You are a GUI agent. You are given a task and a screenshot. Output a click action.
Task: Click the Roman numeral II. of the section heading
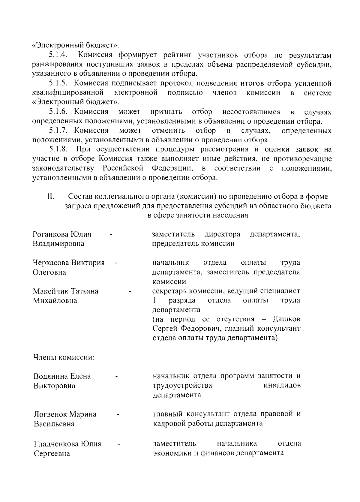[x=50, y=197]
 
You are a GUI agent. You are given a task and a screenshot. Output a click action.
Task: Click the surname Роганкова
[x=50, y=234]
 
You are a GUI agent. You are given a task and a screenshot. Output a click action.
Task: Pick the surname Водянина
[x=50, y=376]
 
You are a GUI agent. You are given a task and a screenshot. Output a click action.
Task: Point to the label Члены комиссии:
[x=64, y=357]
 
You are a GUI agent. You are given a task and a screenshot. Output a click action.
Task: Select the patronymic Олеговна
[x=49, y=272]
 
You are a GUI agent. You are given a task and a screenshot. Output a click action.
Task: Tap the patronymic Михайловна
[x=55, y=301]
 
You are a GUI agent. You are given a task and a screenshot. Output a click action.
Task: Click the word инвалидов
[x=282, y=385]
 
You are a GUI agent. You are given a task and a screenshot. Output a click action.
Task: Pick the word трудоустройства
[x=182, y=385]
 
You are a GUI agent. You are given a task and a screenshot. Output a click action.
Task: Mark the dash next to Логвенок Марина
[x=118, y=414]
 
